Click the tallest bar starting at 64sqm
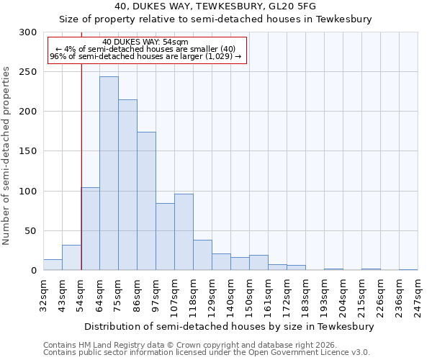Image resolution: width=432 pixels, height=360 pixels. [x=109, y=174]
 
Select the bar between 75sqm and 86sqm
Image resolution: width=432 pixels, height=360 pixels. [x=127, y=185]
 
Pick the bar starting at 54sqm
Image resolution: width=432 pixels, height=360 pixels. [x=90, y=229]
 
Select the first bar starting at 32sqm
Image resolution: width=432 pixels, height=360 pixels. [x=53, y=265]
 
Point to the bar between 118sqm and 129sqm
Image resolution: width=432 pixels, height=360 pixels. [x=202, y=256]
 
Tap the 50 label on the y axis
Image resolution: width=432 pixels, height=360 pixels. [x=32, y=231]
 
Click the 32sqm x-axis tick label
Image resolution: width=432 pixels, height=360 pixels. [x=43, y=295]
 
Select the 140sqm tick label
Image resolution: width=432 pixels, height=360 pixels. [x=230, y=295]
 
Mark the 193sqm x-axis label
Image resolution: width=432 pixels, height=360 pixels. [x=324, y=295]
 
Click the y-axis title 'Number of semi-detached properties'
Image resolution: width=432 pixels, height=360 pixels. [x=7, y=156]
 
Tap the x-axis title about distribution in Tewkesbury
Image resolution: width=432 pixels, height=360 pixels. [x=229, y=326]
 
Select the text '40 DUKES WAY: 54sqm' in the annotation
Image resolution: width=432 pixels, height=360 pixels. [x=145, y=42]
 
